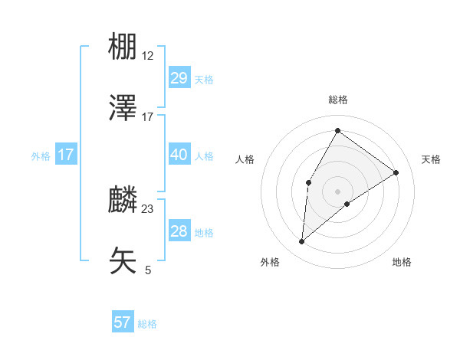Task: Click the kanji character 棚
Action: click(123, 48)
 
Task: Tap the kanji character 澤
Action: click(123, 108)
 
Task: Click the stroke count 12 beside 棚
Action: click(148, 57)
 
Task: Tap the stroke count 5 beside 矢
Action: click(148, 270)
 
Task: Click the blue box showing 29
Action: click(179, 78)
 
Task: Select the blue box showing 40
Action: click(179, 155)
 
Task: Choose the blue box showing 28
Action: click(179, 231)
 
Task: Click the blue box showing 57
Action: click(123, 322)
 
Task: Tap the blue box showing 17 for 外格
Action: click(65, 155)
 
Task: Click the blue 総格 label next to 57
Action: click(147, 324)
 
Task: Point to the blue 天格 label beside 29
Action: click(204, 79)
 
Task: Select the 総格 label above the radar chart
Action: click(338, 100)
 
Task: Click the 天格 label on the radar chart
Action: click(432, 159)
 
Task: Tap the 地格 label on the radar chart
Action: click(402, 262)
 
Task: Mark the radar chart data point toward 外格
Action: click(302, 242)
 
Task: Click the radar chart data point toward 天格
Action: click(396, 172)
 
